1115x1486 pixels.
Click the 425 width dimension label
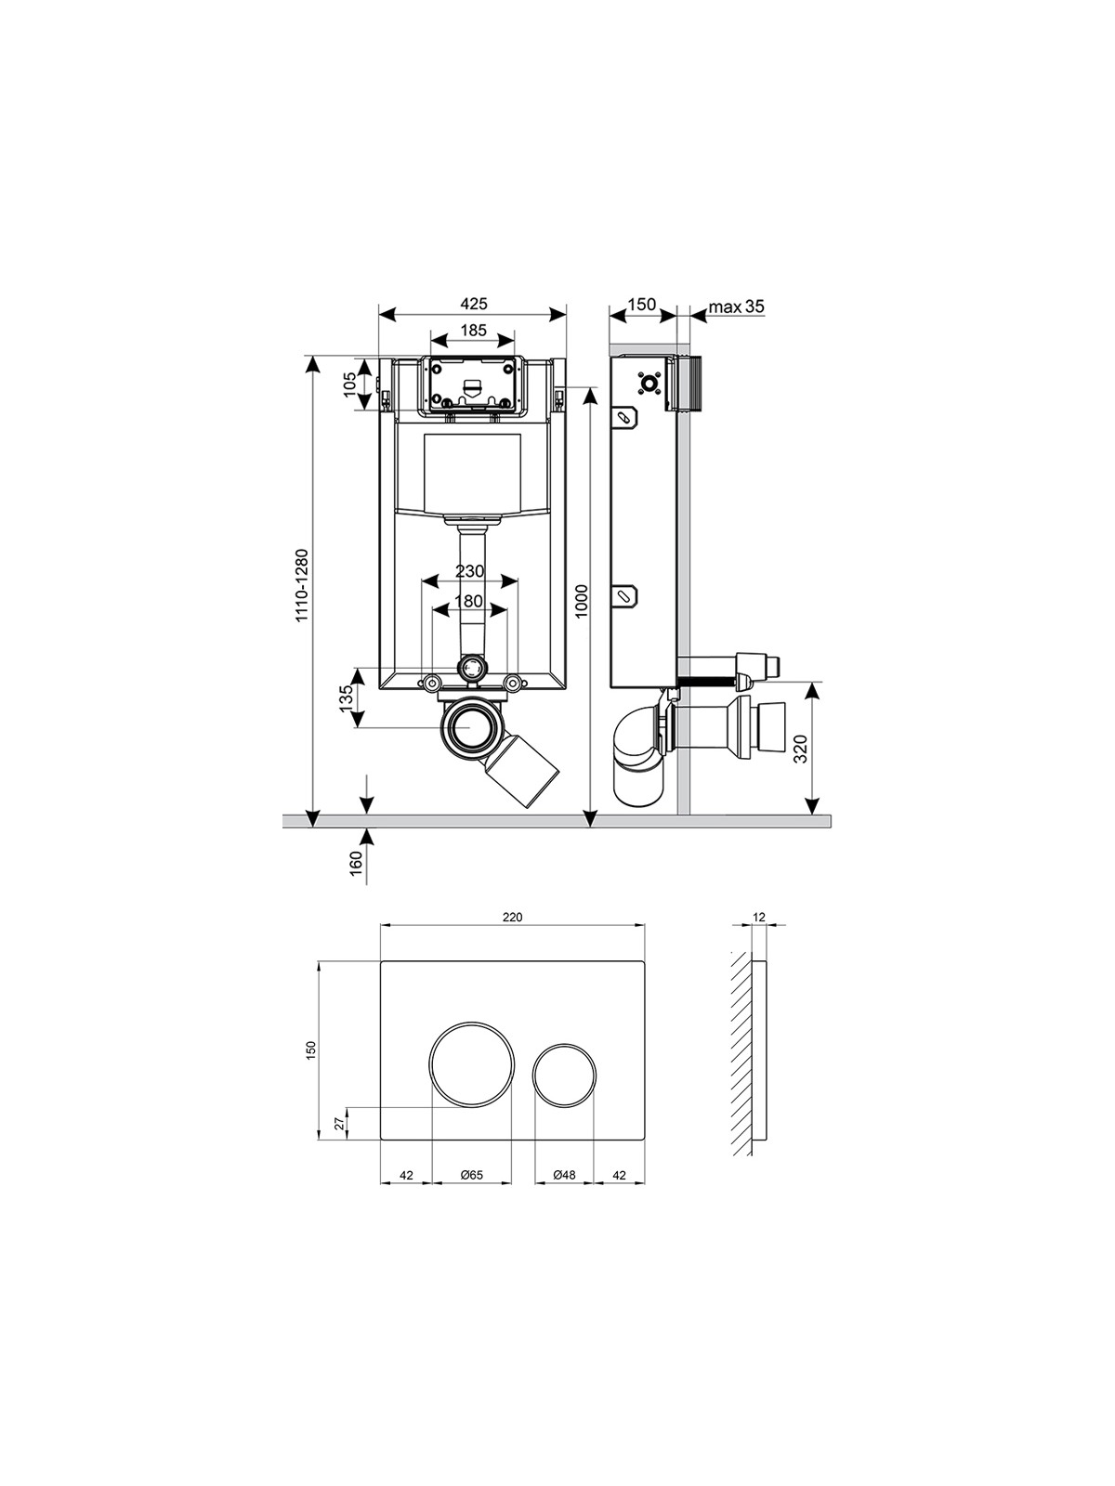pyautogui.click(x=473, y=304)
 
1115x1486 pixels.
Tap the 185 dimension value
pyautogui.click(x=473, y=331)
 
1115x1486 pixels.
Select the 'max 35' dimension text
pyautogui.click(x=736, y=306)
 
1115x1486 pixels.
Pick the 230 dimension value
pyautogui.click(x=470, y=570)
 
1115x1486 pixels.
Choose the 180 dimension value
pyautogui.click(x=469, y=601)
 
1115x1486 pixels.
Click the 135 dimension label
pyautogui.click(x=347, y=698)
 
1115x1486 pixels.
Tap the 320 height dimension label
pyautogui.click(x=801, y=749)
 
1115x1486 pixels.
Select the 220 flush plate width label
pyautogui.click(x=513, y=918)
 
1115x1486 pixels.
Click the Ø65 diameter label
pyautogui.click(x=471, y=1175)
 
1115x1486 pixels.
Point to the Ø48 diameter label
pyautogui.click(x=564, y=1175)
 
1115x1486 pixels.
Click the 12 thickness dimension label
pyautogui.click(x=758, y=918)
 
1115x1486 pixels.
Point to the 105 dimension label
pyautogui.click(x=349, y=384)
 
